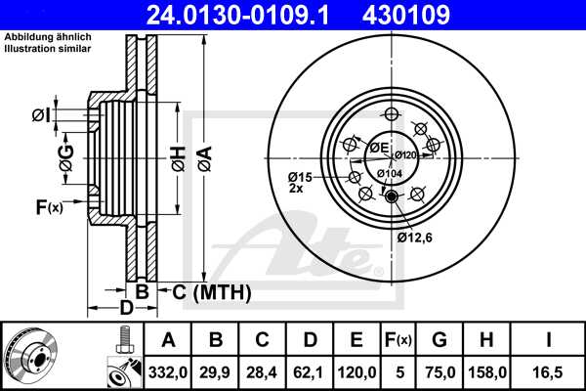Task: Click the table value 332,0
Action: click(169, 371)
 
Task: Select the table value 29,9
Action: click(216, 371)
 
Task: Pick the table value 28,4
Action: click(263, 371)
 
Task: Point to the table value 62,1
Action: click(310, 371)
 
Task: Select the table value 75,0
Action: click(439, 371)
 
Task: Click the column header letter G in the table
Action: click(439, 339)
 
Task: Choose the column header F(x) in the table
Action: click(398, 339)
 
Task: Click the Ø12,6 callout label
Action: click(414, 237)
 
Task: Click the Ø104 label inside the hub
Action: click(389, 173)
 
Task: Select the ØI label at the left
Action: click(40, 115)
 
